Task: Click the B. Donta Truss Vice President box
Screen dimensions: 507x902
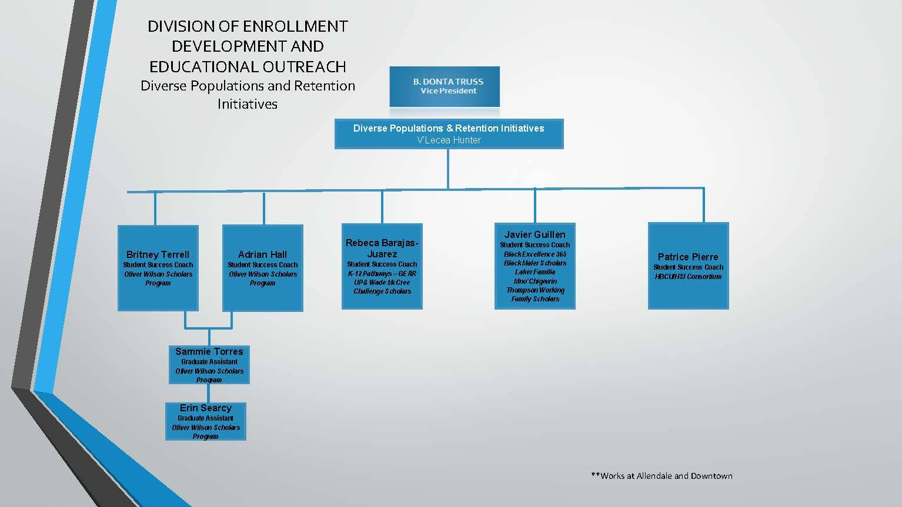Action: click(445, 86)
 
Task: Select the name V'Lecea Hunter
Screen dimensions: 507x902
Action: click(449, 140)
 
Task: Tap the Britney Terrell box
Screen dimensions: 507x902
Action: click(158, 268)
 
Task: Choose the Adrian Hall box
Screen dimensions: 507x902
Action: click(262, 268)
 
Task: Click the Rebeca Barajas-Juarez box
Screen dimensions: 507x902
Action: click(382, 266)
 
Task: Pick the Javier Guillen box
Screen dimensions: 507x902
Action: click(534, 266)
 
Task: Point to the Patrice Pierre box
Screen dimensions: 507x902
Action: click(688, 266)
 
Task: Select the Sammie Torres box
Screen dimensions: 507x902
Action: click(209, 365)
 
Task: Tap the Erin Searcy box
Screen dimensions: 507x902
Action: click(205, 421)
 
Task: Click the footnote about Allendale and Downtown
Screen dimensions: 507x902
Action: click(662, 476)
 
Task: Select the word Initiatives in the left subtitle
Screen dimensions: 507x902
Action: click(247, 104)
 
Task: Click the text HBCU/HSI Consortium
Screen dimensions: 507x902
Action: click(688, 277)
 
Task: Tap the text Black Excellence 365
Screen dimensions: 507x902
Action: click(534, 254)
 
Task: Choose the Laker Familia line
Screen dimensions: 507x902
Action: click(534, 272)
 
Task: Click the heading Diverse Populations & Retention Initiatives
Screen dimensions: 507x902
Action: click(449, 128)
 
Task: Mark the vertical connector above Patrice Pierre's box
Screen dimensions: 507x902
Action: click(703, 205)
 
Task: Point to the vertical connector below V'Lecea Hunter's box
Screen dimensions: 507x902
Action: click(448, 169)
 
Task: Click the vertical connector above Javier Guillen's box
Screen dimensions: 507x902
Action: click(534, 206)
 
